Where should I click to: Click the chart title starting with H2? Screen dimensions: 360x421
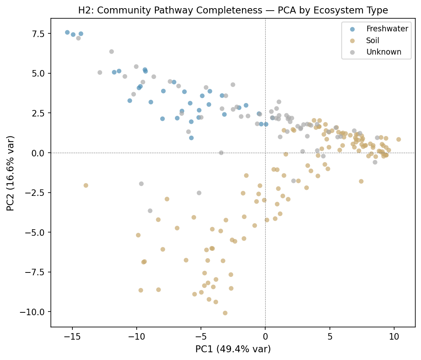pos(233,11)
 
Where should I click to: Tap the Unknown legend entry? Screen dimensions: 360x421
pos(383,52)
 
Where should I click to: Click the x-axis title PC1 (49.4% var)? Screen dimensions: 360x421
pos(233,349)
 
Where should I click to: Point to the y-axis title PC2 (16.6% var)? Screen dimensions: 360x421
pos(11,173)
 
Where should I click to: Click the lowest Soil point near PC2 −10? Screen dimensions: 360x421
pos(225,313)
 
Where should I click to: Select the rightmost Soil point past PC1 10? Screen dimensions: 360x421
pos(398,139)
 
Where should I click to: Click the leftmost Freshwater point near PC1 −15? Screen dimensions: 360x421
pos(68,33)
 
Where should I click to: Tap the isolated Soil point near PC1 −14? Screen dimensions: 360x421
pos(86,185)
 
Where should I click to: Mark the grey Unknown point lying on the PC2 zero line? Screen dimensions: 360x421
pos(221,153)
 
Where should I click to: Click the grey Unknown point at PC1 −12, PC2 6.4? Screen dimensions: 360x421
pos(111,52)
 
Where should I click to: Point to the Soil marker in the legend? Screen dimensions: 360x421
pos(352,41)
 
